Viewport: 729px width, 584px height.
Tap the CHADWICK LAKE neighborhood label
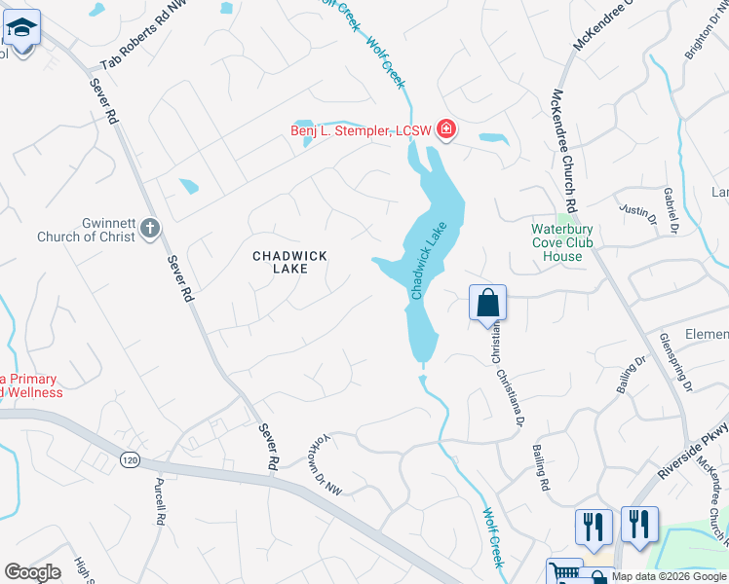pyautogui.click(x=289, y=262)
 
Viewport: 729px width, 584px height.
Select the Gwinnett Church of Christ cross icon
pyautogui.click(x=149, y=228)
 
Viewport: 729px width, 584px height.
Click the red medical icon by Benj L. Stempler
pyautogui.click(x=446, y=129)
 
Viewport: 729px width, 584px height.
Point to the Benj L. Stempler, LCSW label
pyautogui.click(x=362, y=130)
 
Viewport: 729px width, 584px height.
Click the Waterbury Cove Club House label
pyautogui.click(x=570, y=243)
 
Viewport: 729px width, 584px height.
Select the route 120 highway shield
pyautogui.click(x=129, y=458)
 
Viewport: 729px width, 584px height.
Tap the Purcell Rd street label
pyautogui.click(x=158, y=500)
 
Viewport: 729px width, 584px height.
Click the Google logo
pyautogui.click(x=33, y=572)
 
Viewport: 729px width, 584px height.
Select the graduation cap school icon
pyautogui.click(x=21, y=31)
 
